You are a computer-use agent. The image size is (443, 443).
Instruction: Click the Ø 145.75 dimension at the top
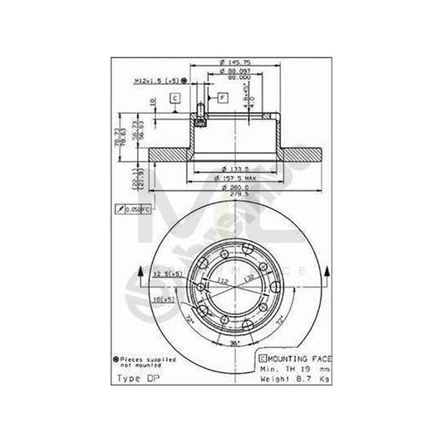228,64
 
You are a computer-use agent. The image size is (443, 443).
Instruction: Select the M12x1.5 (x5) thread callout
155,81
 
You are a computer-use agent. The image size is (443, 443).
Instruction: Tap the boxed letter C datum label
176,98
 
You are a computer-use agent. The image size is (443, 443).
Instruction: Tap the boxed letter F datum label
223,97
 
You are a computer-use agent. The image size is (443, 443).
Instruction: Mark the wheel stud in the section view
199,116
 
